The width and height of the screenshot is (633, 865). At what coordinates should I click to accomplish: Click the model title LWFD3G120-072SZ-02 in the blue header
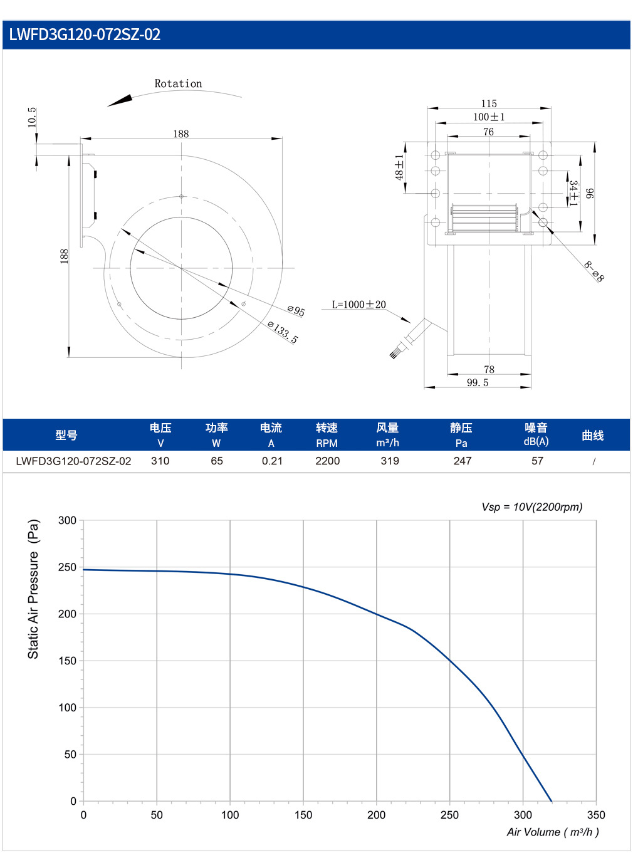tap(85, 34)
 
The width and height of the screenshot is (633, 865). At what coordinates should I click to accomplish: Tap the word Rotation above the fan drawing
tap(178, 83)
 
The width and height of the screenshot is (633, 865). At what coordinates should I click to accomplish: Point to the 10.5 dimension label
tap(32, 117)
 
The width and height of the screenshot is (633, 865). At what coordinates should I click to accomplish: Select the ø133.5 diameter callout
tap(283, 332)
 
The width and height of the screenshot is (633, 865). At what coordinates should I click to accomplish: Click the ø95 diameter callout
tap(296, 310)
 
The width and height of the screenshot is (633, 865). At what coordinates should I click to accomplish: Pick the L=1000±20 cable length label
tap(358, 304)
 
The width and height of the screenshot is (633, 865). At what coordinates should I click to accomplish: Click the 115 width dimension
tap(489, 103)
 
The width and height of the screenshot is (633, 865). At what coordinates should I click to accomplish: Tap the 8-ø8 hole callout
tap(594, 271)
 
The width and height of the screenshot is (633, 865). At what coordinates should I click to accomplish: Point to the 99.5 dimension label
tap(478, 382)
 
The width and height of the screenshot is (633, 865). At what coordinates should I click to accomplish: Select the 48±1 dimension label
tap(399, 167)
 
